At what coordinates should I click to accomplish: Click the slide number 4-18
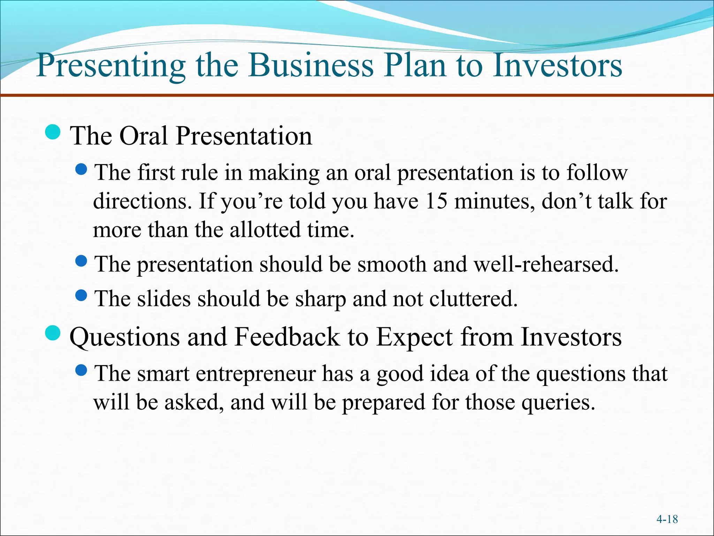pos(667,519)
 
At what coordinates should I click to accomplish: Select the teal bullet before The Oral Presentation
pos(53,132)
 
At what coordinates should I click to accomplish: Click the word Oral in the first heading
pos(143,136)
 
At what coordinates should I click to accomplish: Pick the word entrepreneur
pos(256,374)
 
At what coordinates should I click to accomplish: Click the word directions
pos(142,202)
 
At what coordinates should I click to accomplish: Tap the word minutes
pos(494,202)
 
